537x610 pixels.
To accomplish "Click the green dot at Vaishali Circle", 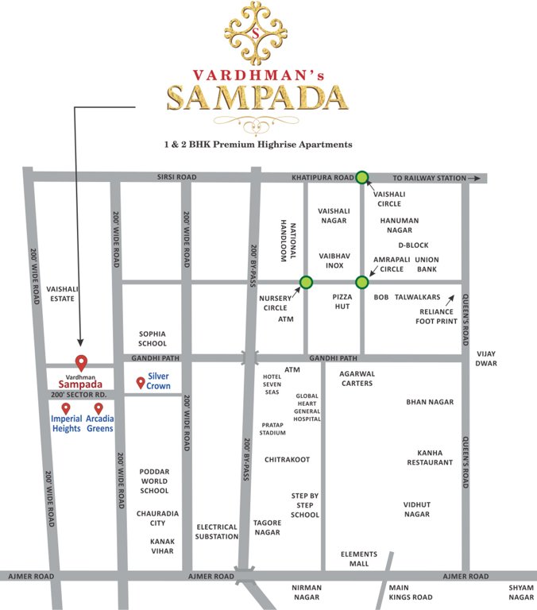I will pyautogui.click(x=362, y=178).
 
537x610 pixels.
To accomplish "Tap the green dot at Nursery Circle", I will pyautogui.click(x=306, y=282).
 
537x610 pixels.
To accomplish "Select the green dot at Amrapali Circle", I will pyautogui.click(x=362, y=282).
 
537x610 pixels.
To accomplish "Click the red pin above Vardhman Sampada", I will pyautogui.click(x=80, y=362).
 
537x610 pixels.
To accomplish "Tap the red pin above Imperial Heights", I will pyautogui.click(x=66, y=408).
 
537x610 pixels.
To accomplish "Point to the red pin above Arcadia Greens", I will pyautogui.click(x=99, y=408).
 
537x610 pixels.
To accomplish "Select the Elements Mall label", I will pyautogui.click(x=358, y=559).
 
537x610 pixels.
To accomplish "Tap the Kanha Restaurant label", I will pyautogui.click(x=430, y=457).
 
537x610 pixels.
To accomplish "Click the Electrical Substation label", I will pyautogui.click(x=217, y=531).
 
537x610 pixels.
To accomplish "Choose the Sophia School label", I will pyautogui.click(x=152, y=338).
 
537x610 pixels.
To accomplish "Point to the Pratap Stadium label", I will pyautogui.click(x=272, y=429).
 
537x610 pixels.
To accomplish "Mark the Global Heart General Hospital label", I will pyautogui.click(x=307, y=407).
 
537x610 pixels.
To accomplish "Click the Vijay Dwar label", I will pyautogui.click(x=486, y=357).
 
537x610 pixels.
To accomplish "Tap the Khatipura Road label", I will pyautogui.click(x=321, y=179).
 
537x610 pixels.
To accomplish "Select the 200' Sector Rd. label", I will pyautogui.click(x=79, y=394).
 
